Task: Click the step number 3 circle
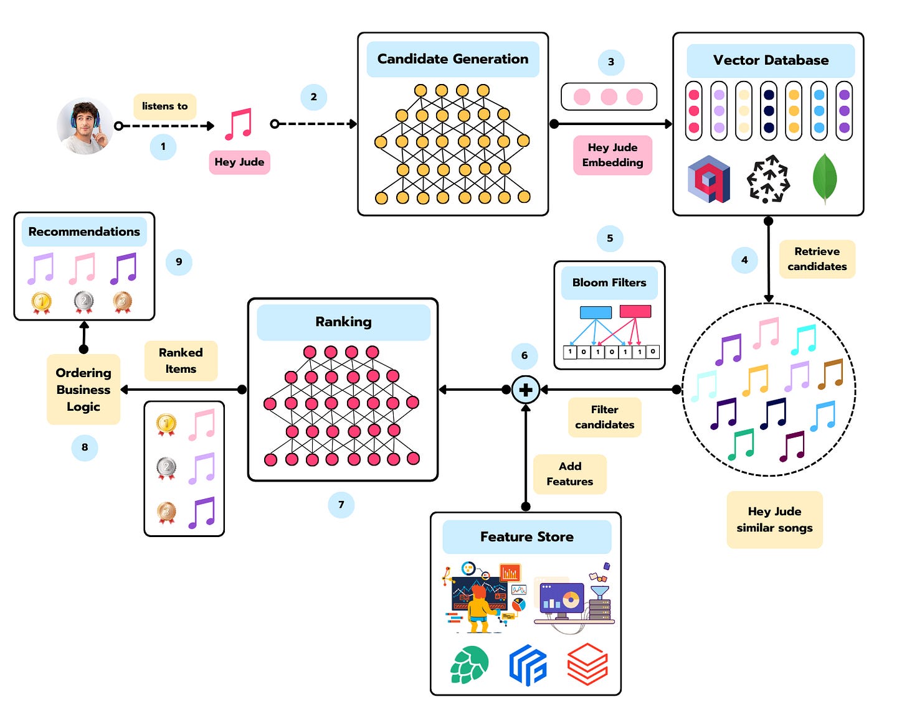610,62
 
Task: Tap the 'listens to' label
165,106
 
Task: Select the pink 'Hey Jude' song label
239,162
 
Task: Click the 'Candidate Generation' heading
453,59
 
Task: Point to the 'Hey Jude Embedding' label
612,155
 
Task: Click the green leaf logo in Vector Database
824,179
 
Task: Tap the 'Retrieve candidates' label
817,259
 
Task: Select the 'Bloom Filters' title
609,283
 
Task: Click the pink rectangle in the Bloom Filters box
635,311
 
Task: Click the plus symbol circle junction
526,390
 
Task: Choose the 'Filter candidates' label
604,417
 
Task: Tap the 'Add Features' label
570,474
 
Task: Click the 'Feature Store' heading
527,537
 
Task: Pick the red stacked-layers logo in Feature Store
587,664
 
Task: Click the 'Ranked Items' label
181,361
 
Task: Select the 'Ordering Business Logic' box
83,390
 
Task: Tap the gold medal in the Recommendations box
41,302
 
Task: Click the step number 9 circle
179,262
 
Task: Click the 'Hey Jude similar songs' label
774,520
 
